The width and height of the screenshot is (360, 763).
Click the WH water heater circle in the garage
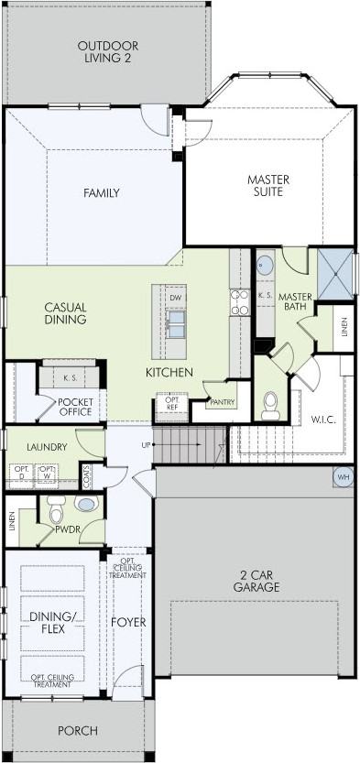344,477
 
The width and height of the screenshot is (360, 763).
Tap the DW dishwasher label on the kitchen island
176,298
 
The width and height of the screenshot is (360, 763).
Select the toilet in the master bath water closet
270,406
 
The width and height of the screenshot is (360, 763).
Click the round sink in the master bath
265,265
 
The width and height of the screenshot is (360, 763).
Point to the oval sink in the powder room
86,504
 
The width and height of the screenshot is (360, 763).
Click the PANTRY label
223,402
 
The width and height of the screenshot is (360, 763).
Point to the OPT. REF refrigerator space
171,407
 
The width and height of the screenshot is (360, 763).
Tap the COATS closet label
86,475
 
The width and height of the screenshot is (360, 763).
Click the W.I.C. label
323,420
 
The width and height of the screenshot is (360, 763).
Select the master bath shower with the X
335,274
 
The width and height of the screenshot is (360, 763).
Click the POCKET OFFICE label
75,408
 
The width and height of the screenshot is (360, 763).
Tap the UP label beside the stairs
146,445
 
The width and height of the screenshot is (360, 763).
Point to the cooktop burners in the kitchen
240,302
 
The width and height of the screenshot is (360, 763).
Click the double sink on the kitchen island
176,324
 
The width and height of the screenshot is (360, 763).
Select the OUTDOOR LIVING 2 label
108,52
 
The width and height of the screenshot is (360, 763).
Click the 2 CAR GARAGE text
256,581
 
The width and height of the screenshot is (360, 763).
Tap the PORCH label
78,730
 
